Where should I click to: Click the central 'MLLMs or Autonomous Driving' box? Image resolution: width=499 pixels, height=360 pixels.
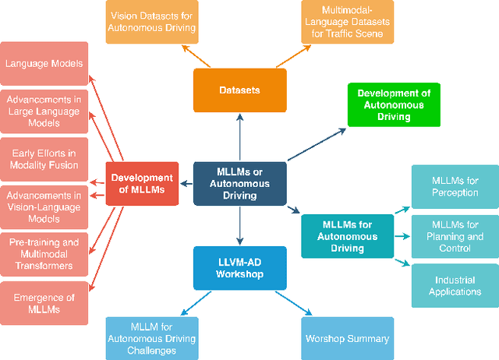tap(239, 184)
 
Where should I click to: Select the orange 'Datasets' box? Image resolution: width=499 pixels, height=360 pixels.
tap(239, 90)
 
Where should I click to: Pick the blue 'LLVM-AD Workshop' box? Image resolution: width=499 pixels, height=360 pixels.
tap(239, 267)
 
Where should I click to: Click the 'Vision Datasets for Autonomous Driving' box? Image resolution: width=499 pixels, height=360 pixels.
tap(152, 22)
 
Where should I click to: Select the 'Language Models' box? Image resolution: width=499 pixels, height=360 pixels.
tap(44, 64)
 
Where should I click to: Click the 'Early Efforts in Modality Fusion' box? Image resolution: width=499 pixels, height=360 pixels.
tap(44, 159)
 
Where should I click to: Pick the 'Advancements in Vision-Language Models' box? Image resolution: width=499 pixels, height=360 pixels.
tap(44, 206)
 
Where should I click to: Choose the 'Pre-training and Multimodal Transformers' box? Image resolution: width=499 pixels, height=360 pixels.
tap(44, 254)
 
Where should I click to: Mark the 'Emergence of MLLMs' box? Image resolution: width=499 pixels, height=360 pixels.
tap(44, 302)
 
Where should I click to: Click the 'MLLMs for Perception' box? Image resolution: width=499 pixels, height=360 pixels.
tap(455, 187)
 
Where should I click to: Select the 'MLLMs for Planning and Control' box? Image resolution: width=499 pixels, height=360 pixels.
tap(455, 236)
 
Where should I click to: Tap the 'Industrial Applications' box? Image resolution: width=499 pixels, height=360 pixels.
tap(455, 285)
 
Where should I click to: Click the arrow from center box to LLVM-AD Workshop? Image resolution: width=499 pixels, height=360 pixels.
tap(239, 226)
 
